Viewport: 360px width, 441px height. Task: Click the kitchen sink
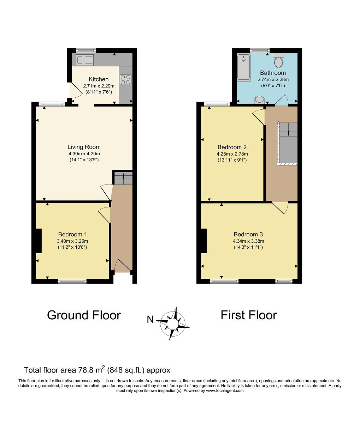(84, 60)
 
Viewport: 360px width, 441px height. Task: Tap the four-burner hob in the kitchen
(126, 80)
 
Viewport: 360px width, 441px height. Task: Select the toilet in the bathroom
(278, 60)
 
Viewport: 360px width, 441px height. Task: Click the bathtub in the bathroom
(243, 67)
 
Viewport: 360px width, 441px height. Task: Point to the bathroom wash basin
(259, 100)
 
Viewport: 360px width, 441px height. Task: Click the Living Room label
(84, 147)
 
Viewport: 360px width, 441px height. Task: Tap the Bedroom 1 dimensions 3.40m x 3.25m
(72, 241)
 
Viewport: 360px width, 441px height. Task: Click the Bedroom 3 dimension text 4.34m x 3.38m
(248, 241)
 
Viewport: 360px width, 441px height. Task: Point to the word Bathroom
(273, 73)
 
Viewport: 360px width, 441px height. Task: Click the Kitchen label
(99, 79)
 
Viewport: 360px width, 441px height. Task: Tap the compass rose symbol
(173, 324)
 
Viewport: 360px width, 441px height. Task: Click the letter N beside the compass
(150, 319)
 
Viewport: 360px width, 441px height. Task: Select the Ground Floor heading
(84, 315)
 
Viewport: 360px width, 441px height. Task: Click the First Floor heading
(249, 315)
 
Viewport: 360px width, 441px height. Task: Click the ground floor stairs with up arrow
(123, 178)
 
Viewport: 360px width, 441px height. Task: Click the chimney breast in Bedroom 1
(39, 241)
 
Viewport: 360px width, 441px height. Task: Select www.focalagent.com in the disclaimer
(225, 391)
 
